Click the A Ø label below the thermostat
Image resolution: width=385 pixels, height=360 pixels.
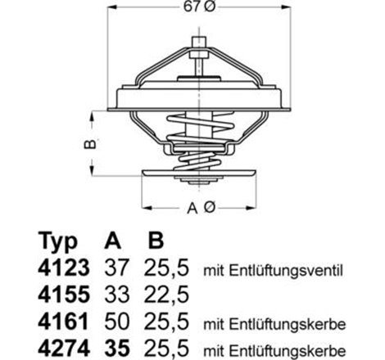[199, 209]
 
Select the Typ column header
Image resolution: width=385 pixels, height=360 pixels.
[59, 243]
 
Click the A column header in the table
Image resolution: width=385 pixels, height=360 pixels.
[113, 243]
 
